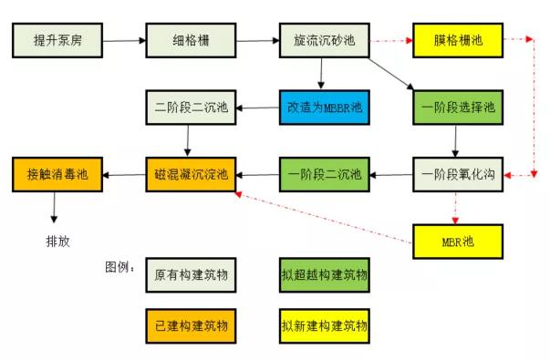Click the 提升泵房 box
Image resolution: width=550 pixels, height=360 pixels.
pos(57,40)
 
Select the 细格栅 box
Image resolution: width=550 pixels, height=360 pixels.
pos(190,40)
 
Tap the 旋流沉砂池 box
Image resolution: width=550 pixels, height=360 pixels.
pos(323,40)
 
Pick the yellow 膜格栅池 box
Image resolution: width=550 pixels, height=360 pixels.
pos(458,40)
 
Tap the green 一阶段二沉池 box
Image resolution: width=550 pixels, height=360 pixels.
pos(324,174)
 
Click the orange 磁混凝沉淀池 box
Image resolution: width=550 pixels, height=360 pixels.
pos(190,174)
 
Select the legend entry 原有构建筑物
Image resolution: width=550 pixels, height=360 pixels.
pos(190,273)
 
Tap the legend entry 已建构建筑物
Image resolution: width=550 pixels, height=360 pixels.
pos(190,324)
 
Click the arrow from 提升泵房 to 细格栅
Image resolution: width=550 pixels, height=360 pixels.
pos(123,40)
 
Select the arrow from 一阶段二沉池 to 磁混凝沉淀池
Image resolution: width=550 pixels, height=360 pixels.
pos(256,174)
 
